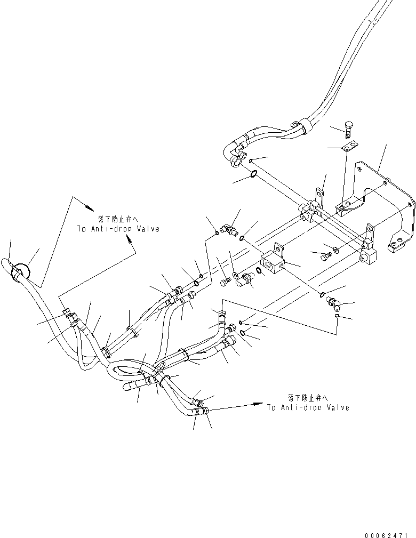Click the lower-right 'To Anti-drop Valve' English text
click(x=308, y=407)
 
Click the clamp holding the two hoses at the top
click(x=306, y=127)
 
